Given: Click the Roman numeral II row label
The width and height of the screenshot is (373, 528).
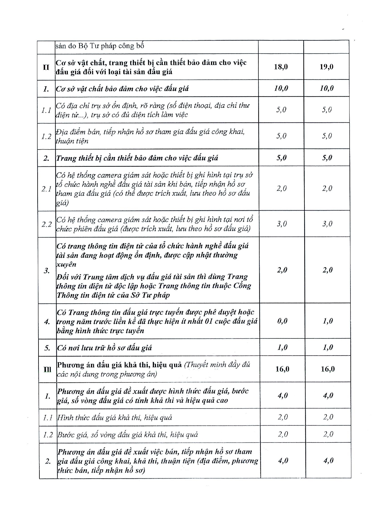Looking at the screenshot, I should coord(46,67).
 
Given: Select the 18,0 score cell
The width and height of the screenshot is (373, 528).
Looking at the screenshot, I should coord(281,67).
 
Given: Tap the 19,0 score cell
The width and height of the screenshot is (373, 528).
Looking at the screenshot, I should coord(326,67).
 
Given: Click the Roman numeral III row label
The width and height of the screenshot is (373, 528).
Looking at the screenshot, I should coord(48,369).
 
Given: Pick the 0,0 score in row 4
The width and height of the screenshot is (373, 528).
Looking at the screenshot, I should coord(282,321).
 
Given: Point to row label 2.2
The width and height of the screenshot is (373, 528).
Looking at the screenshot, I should coord(47,224).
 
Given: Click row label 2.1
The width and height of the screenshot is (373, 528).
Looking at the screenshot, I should coord(47,189).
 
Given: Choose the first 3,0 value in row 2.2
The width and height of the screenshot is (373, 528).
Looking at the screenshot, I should coord(282,224).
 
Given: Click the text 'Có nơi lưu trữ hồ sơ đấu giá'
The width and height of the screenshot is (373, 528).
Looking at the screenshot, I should coord(104,348).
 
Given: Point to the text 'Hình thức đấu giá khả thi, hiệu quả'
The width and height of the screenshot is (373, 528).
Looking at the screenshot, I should coord(114,418).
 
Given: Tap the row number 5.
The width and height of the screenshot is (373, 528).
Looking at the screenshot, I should coord(47,348).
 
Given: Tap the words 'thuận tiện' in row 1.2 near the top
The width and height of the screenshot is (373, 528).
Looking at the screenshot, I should coord(72,141).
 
